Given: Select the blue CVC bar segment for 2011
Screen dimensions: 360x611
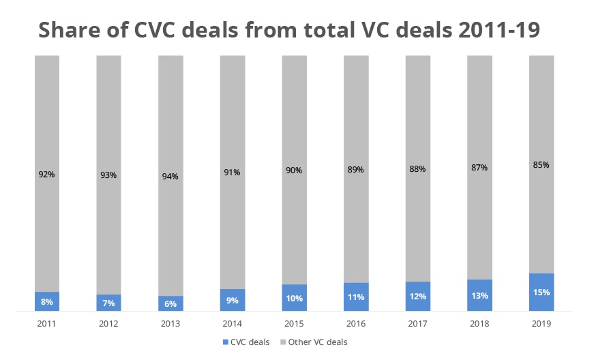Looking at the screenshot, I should [47, 301].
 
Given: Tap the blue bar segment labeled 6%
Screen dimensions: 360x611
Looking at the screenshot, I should [170, 303].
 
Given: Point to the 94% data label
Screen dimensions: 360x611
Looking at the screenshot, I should [170, 177].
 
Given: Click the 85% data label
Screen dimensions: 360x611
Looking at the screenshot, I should [541, 164].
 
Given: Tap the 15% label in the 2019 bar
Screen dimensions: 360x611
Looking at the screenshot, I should [541, 292].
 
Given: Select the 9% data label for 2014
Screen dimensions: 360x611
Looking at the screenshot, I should [233, 300].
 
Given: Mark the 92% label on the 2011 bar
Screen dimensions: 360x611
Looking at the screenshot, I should [47, 174].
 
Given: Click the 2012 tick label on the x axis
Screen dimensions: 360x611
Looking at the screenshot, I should [109, 324].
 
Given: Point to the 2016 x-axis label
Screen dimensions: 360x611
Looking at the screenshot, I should [356, 324].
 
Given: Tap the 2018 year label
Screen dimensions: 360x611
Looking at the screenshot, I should [479, 324].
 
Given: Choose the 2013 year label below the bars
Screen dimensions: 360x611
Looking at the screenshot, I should [170, 324].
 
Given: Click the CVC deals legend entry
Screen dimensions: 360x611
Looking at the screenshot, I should [246, 342].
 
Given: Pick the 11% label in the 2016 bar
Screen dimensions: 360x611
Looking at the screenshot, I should [356, 297].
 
